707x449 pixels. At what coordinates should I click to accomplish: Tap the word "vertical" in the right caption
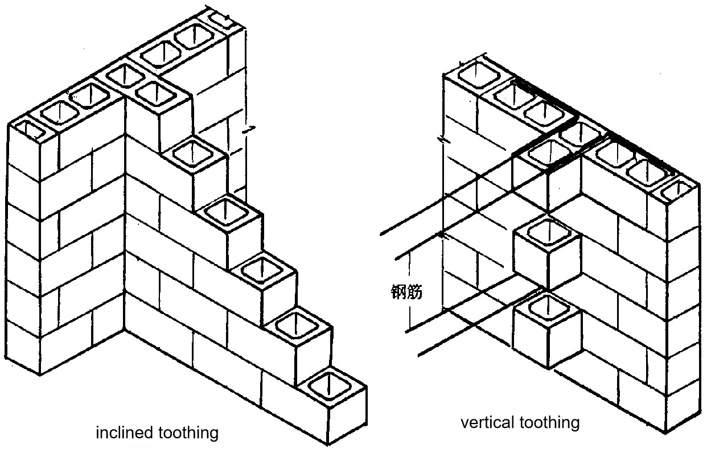(488, 423)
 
